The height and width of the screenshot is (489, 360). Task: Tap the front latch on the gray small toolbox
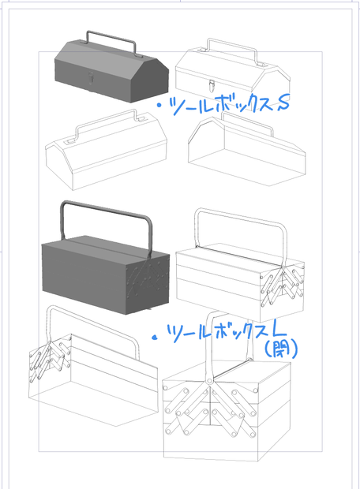tap(91, 78)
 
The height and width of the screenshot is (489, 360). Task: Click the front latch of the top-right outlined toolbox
tap(212, 85)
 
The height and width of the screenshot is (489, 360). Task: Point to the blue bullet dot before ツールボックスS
tap(159, 106)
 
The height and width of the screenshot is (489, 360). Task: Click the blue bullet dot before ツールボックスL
tap(154, 338)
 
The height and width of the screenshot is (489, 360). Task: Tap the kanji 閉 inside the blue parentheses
tap(280, 350)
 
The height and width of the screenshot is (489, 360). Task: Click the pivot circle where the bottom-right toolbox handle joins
tap(209, 381)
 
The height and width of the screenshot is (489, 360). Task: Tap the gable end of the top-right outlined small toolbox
tap(271, 84)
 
